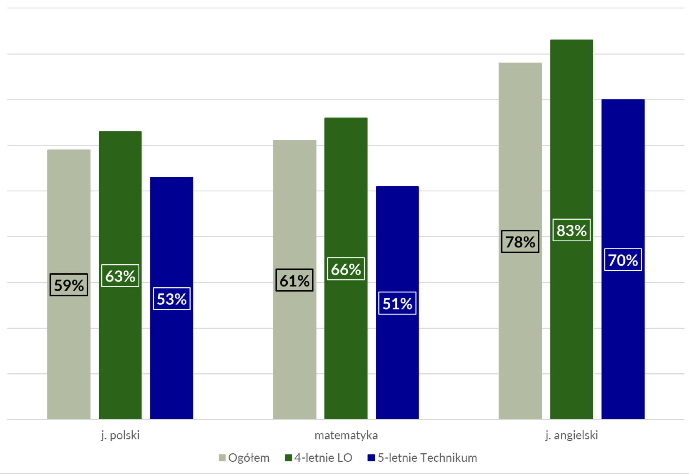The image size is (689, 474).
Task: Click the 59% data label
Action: point(69,285)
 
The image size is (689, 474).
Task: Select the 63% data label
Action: point(120,276)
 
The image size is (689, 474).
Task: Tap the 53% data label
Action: point(171,299)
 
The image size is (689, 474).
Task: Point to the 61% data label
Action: point(294,280)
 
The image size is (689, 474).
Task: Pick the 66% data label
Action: point(346,269)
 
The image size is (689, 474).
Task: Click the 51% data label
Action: point(397,303)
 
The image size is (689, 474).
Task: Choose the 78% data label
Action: point(520,242)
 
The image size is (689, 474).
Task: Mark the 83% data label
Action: point(571,230)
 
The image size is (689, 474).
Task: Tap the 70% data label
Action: point(623,260)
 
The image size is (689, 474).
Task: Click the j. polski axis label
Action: point(120,435)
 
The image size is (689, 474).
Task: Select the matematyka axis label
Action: point(346,435)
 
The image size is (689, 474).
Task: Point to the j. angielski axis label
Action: point(572,435)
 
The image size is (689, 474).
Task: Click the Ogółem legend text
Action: point(249,458)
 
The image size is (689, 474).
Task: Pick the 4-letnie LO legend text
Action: point(323,458)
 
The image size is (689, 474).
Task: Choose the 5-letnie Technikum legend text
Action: point(427,458)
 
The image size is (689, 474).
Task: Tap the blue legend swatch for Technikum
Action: point(371,458)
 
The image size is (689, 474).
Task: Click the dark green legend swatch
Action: point(288,458)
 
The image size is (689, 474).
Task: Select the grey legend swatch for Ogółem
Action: point(222,458)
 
